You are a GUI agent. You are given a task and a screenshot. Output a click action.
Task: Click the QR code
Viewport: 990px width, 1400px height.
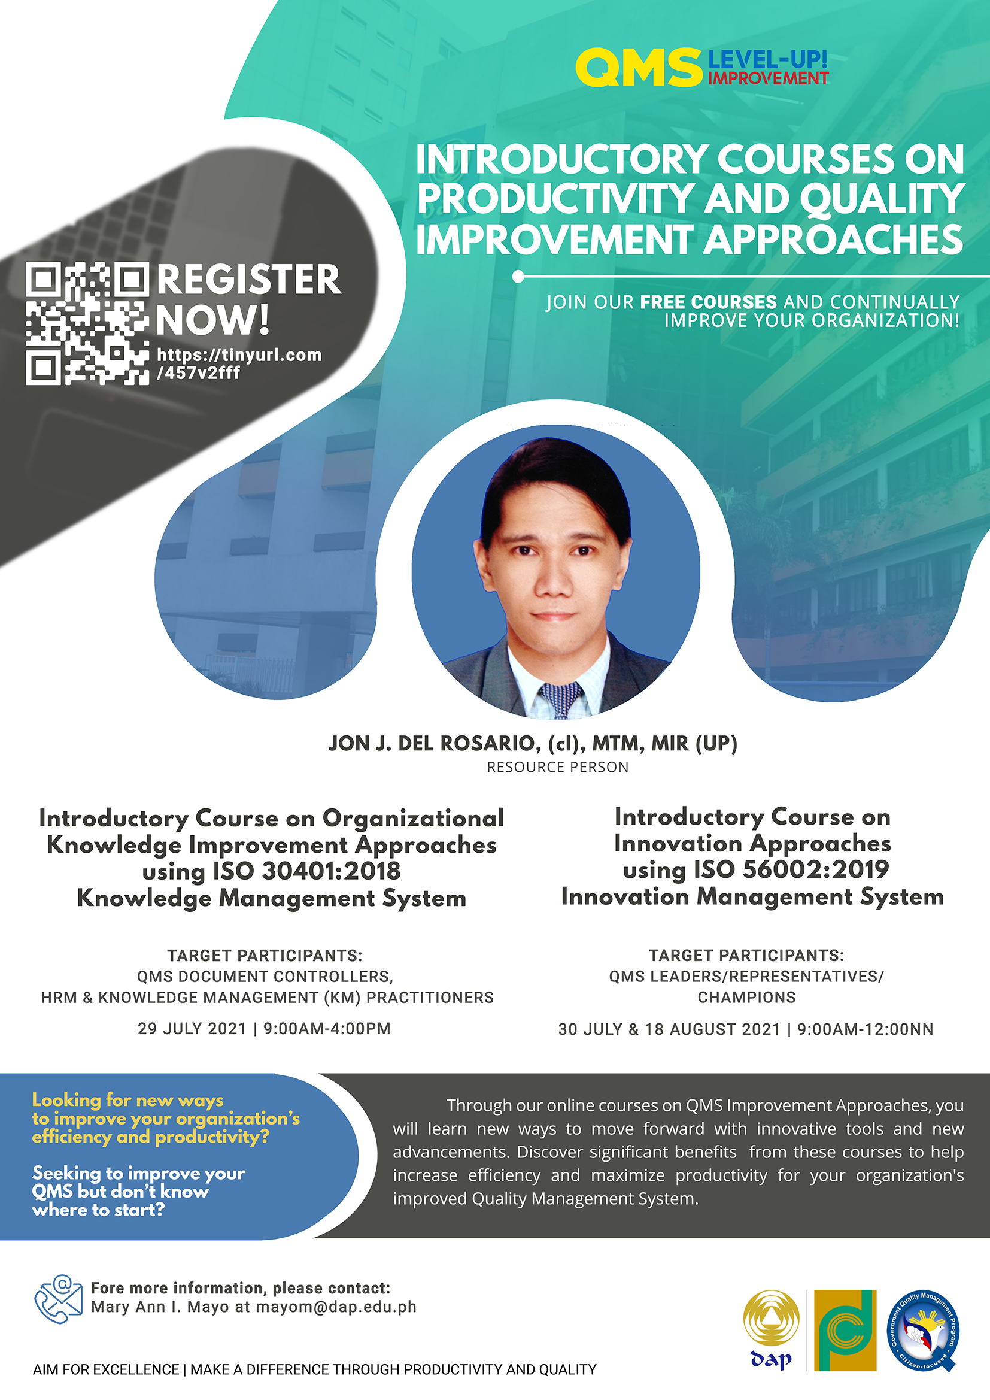pos(87,324)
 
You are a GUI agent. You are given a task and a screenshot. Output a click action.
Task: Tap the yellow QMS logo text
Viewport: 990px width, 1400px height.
pos(639,68)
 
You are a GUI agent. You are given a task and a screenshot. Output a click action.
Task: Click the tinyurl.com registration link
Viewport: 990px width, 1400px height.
pos(239,363)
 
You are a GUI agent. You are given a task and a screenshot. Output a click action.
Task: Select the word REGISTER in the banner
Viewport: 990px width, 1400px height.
pos(249,280)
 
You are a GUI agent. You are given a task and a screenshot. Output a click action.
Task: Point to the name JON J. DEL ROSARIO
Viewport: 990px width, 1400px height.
pos(433,743)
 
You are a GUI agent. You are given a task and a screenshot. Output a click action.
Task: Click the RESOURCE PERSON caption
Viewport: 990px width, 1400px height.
pos(557,767)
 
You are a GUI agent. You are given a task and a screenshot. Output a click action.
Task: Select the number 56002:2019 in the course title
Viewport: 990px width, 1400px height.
pos(815,869)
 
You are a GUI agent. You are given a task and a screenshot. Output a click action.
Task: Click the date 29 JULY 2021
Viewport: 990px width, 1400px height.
pos(192,1029)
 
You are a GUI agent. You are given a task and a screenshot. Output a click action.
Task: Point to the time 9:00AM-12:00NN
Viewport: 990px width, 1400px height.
pos(865,1029)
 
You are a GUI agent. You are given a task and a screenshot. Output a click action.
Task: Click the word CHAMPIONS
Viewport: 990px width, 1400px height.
pos(746,998)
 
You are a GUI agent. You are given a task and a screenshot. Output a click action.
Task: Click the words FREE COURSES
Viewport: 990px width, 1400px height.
pos(707,302)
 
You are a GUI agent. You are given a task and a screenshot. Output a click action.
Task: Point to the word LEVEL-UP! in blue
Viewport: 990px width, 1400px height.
pos(767,60)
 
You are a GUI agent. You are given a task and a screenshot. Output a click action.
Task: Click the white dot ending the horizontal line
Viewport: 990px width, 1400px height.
pos(518,277)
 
